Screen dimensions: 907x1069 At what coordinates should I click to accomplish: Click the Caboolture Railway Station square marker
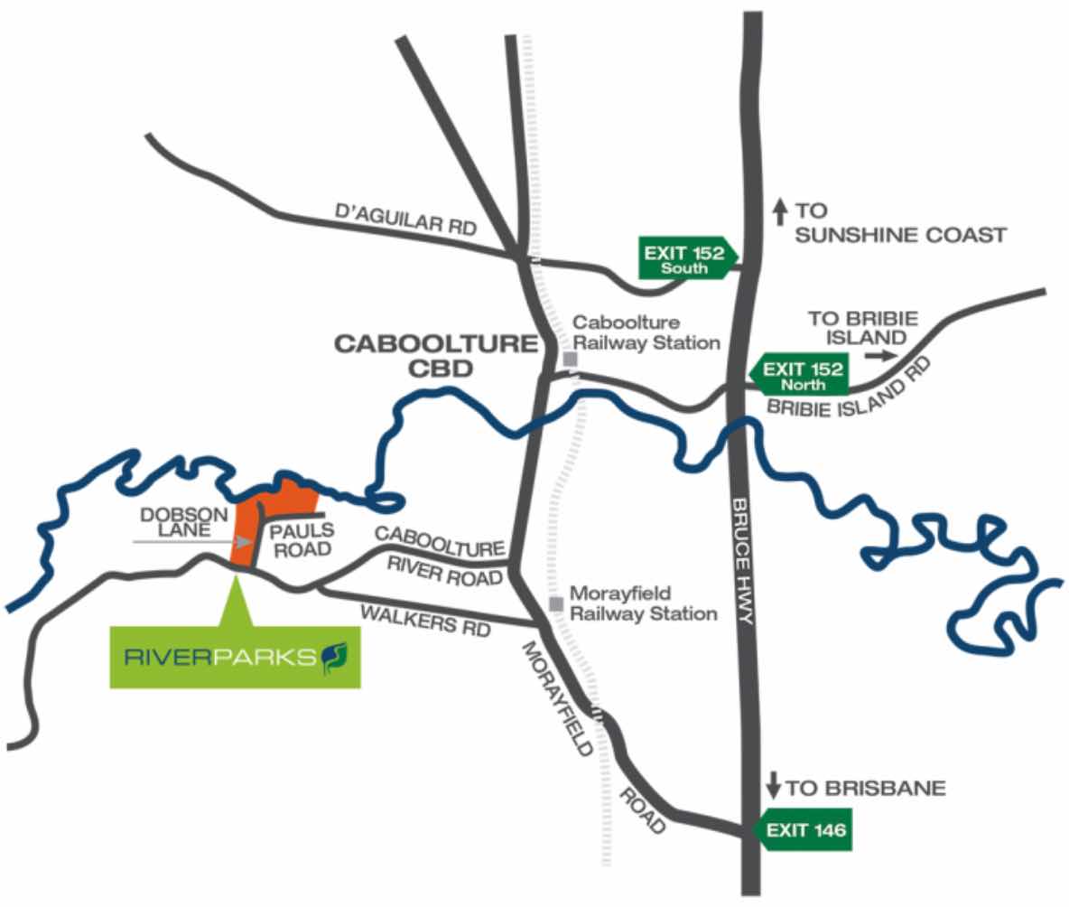[x=570, y=359]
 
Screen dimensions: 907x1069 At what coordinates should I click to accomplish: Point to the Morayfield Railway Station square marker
[x=557, y=603]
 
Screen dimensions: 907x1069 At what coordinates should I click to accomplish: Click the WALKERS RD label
[x=424, y=621]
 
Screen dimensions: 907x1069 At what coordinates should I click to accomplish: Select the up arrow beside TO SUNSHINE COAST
[x=779, y=211]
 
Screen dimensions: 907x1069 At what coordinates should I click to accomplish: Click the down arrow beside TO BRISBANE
[x=773, y=787]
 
